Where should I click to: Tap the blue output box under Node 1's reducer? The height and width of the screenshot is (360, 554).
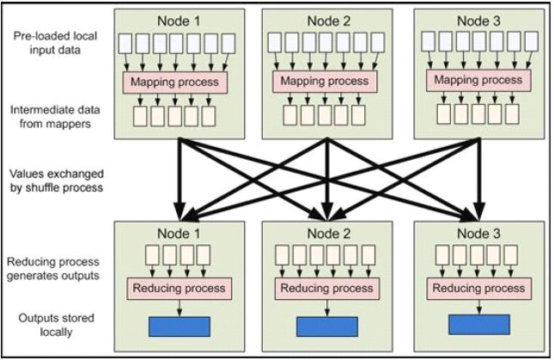coord(180,326)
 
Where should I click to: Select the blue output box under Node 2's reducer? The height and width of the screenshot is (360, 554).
coord(328,327)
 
